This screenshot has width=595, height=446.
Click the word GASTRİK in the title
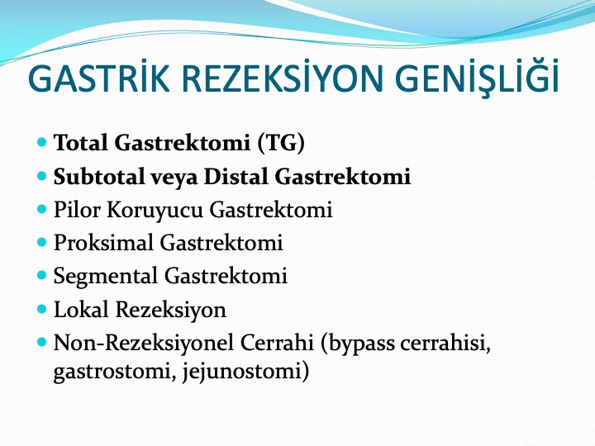98,78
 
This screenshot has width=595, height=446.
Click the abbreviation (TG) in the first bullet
281,144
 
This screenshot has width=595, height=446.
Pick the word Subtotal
98,177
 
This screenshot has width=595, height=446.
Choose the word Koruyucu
155,211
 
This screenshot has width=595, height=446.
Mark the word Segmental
106,277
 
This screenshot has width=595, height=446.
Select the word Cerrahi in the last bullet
277,343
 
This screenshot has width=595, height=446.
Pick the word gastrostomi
114,372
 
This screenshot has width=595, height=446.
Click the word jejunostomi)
245,372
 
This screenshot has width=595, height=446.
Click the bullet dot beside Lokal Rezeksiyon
42,308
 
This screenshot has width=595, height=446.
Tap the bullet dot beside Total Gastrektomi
42,142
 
